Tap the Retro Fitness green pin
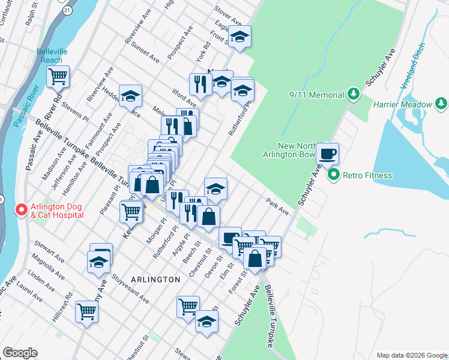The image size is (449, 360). click(334, 176)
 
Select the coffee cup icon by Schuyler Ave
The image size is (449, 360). click(328, 153)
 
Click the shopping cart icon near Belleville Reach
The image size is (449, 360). click(58, 76)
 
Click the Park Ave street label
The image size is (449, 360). click(277, 206)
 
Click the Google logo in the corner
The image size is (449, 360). click(20, 353)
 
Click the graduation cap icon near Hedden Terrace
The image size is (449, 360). click(130, 95)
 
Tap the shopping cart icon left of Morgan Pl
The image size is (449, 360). click(131, 211)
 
